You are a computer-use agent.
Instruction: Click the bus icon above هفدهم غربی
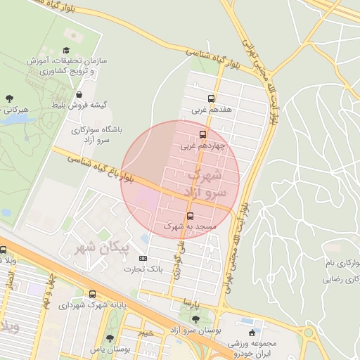pyautogui.click(x=211, y=98)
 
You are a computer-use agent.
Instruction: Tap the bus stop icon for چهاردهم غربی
pyautogui.click(x=203, y=134)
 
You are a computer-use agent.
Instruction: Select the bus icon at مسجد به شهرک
pyautogui.click(x=190, y=215)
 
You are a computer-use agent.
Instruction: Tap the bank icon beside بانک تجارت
pyautogui.click(x=143, y=258)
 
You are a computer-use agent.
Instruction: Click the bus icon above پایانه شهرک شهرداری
pyautogui.click(x=92, y=294)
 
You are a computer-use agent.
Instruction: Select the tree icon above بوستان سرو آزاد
pyautogui.click(x=195, y=319)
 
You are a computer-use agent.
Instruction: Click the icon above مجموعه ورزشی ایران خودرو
pyautogui.click(x=252, y=333)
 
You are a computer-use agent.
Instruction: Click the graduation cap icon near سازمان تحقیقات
pyautogui.click(x=66, y=50)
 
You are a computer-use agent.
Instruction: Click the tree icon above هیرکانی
pyautogui.click(x=9, y=98)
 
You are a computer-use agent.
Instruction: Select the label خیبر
pyautogui.click(x=146, y=332)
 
